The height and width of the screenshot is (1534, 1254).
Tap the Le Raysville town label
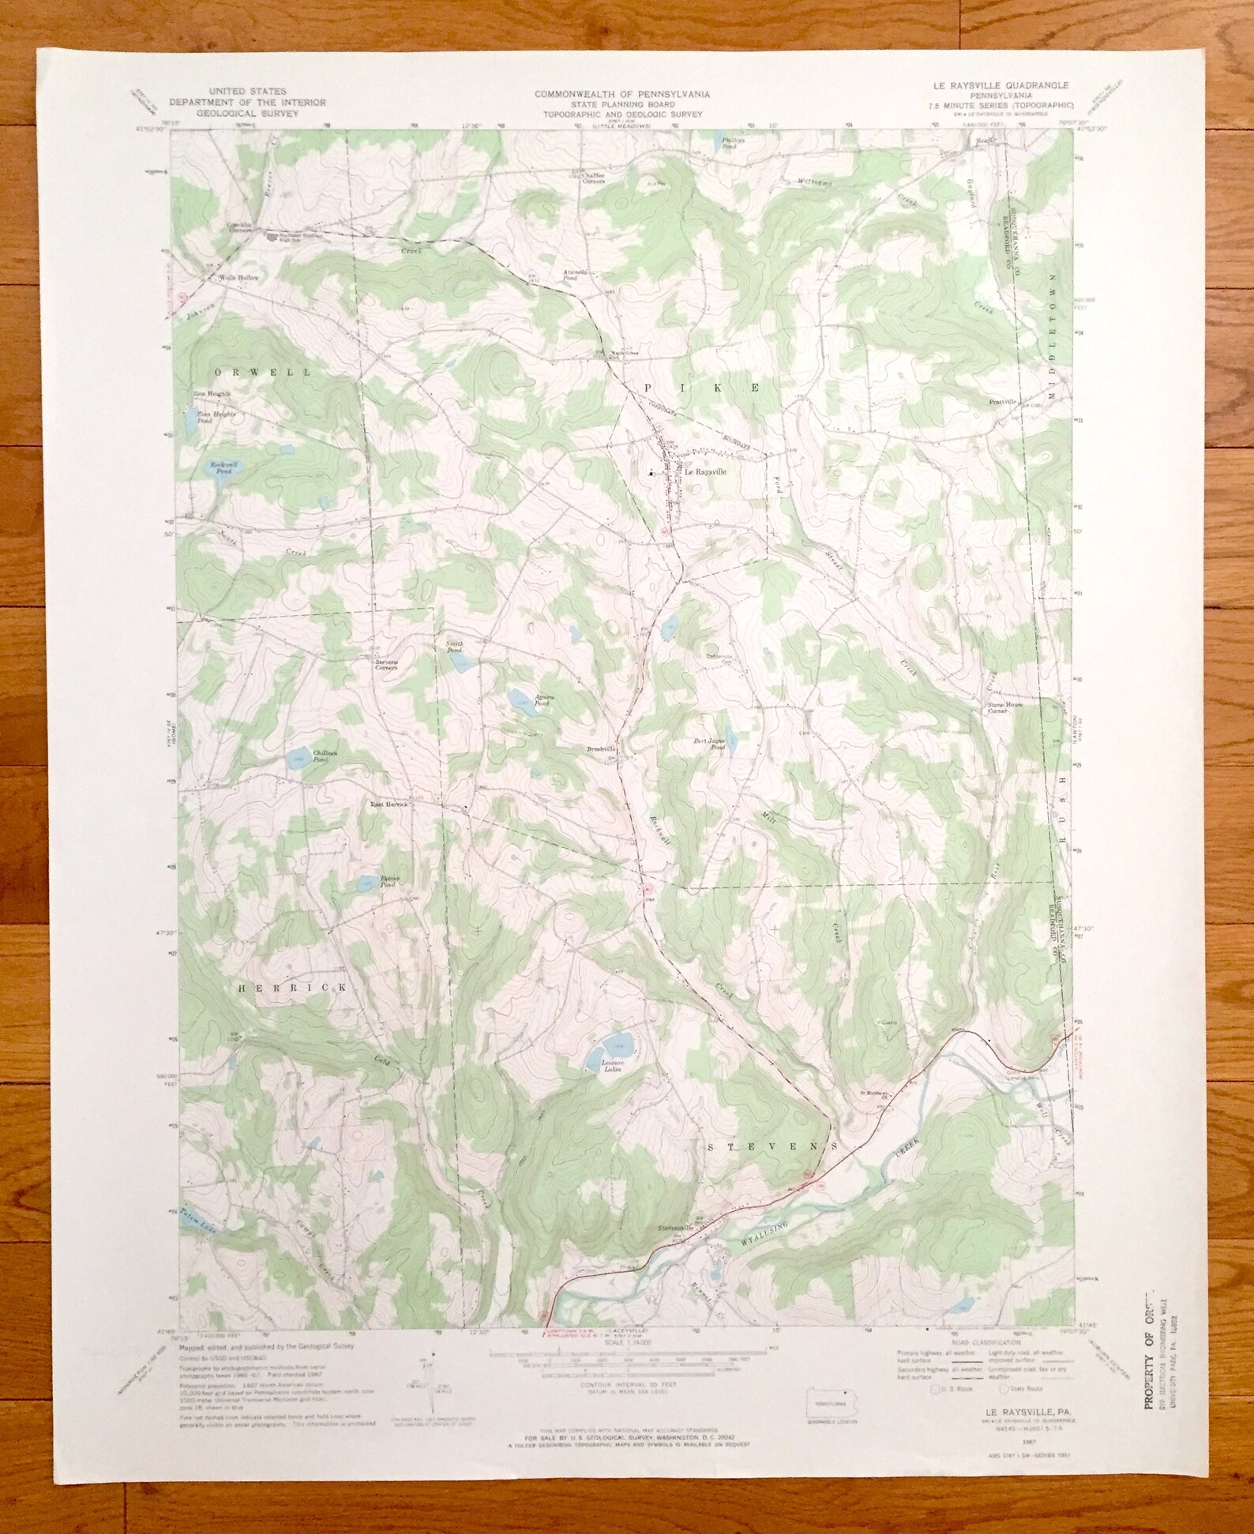click(x=704, y=472)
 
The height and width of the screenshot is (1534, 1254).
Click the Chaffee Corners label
click(x=588, y=178)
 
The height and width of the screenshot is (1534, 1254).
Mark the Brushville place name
click(x=601, y=748)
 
